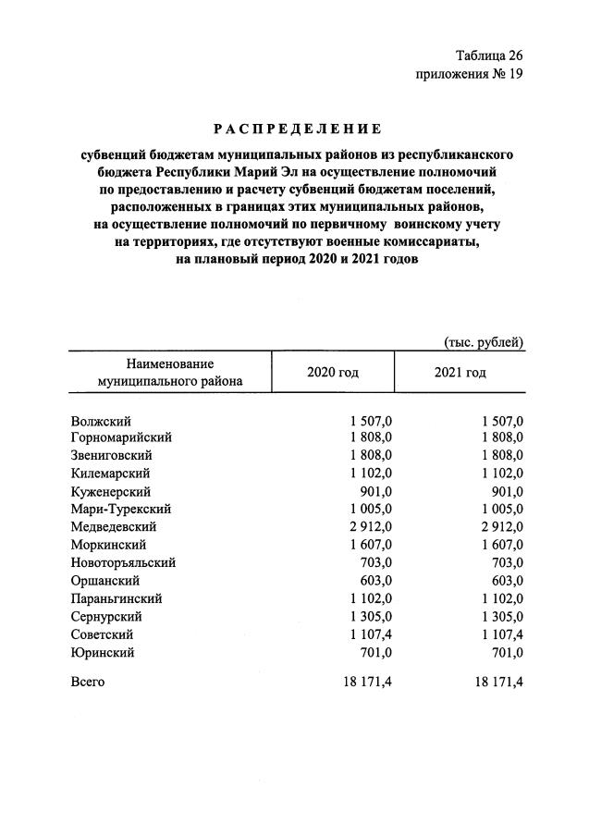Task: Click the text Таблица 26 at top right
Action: [x=489, y=56]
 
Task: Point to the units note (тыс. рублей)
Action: [x=484, y=342]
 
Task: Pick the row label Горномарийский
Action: [x=121, y=437]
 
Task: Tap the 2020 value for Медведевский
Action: [x=372, y=526]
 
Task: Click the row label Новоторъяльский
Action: [x=123, y=562]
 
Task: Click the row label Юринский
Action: [x=103, y=652]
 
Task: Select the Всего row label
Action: [x=88, y=682]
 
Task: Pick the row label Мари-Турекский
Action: [x=120, y=509]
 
